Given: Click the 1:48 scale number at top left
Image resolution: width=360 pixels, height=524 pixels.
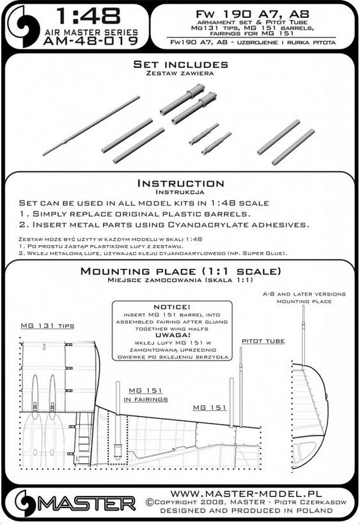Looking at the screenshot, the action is (88, 16).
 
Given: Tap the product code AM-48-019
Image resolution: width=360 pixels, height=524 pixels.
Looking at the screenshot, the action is (91, 40).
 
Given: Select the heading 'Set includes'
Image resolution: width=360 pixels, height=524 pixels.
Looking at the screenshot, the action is (180, 64).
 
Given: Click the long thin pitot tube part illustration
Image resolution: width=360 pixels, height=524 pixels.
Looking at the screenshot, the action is (91, 125).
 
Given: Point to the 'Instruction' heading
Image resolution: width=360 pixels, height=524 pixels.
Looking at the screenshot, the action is (181, 183).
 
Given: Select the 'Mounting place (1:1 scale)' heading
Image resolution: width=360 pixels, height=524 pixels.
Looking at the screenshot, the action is (180, 271).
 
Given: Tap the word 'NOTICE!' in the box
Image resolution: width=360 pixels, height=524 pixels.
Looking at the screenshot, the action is (171, 306).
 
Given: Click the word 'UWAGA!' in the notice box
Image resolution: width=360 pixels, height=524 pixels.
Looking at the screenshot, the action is (172, 335).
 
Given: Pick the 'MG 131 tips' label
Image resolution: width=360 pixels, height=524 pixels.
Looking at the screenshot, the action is (47, 326).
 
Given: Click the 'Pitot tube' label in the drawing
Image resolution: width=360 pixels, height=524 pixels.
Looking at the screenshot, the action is (263, 341).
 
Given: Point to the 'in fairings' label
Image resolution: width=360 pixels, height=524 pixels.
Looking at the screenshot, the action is (146, 399).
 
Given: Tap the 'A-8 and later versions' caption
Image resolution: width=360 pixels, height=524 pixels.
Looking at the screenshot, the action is (304, 294).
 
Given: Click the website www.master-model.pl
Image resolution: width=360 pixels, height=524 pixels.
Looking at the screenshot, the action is (246, 494).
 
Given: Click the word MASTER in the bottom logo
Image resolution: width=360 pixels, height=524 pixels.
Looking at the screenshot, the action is (88, 504).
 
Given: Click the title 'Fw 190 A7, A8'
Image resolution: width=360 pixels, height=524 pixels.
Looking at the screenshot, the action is (252, 13).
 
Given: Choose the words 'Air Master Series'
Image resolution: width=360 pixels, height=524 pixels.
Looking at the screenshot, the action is (91, 33).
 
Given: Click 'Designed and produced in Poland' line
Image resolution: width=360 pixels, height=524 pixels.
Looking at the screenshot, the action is (246, 511).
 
